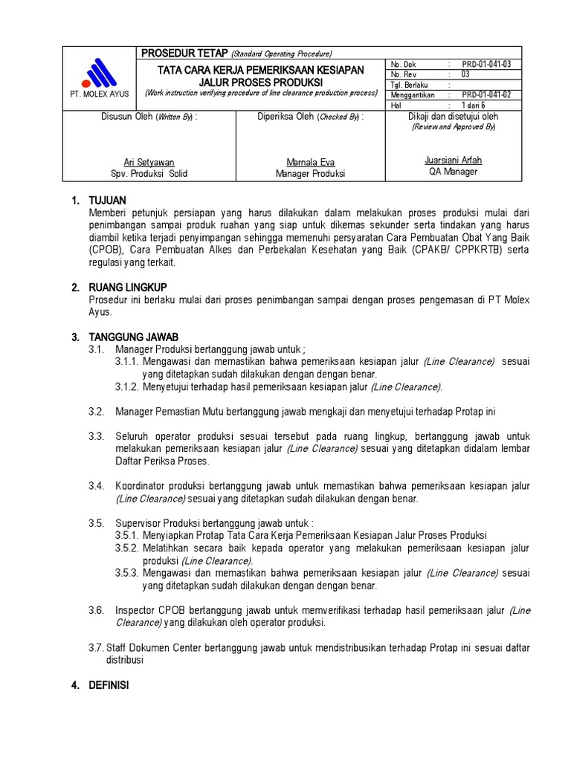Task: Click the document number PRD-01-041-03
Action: click(x=486, y=65)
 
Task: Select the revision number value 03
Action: click(x=465, y=74)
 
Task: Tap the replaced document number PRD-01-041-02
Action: click(x=486, y=95)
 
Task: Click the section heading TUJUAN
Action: click(x=107, y=201)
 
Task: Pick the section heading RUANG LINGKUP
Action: click(x=129, y=286)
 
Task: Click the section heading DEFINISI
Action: click(x=109, y=685)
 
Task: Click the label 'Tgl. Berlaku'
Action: click(x=407, y=85)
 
